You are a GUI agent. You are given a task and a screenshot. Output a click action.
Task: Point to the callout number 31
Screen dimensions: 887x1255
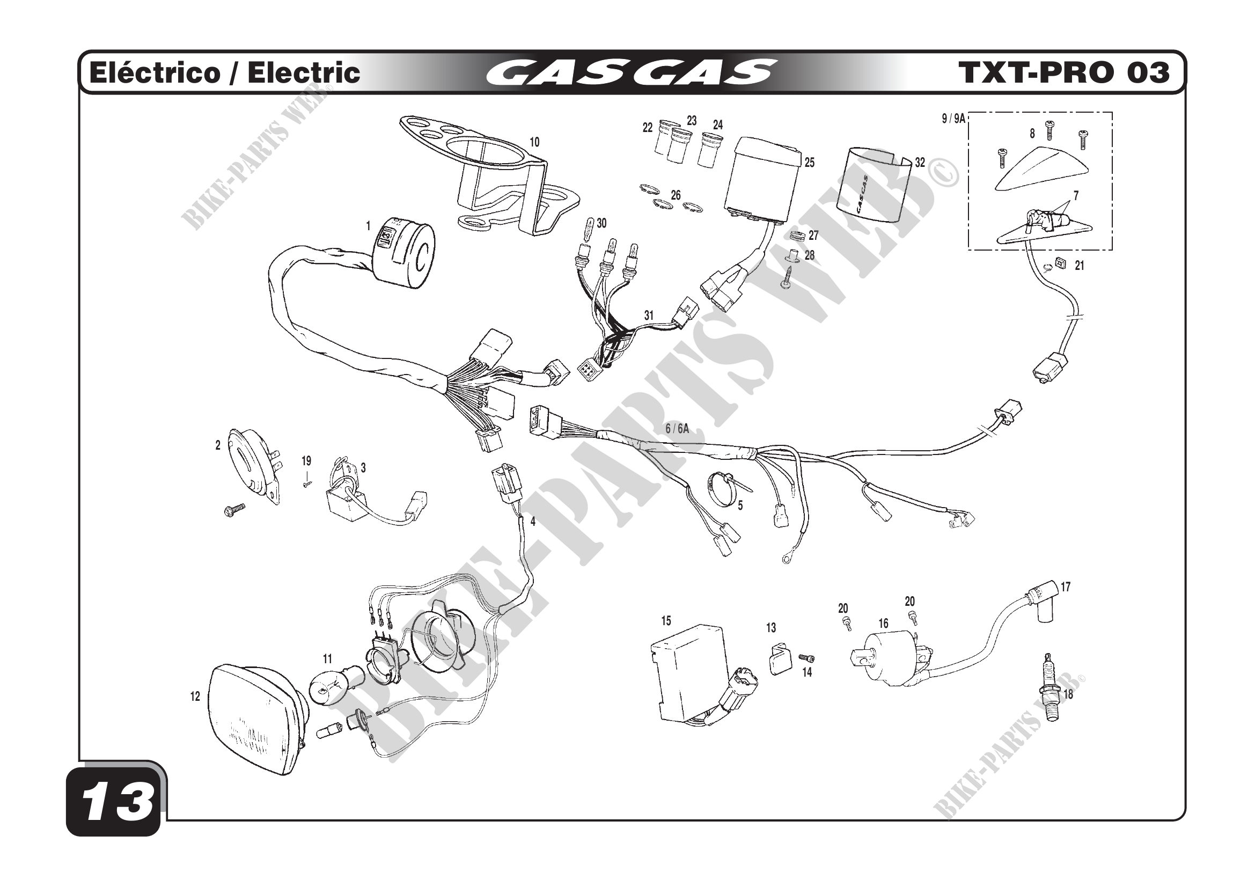click(649, 316)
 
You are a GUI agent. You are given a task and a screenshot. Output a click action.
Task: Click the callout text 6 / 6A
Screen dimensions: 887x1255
click(677, 429)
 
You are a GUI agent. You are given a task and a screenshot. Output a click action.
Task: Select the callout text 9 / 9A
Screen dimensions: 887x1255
click(953, 119)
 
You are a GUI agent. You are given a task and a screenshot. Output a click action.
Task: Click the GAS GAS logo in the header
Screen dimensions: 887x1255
click(631, 72)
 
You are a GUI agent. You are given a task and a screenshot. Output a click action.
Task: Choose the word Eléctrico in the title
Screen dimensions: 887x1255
click(154, 73)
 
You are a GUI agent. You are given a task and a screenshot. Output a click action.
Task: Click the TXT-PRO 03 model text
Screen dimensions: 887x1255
click(1063, 72)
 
